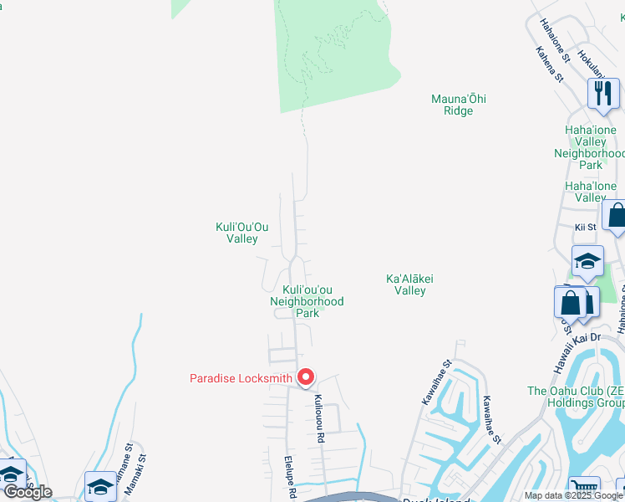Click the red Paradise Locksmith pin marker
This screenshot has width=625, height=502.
[306, 378]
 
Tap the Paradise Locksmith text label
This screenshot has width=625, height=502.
[241, 378]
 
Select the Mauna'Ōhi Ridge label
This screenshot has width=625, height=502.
[458, 105]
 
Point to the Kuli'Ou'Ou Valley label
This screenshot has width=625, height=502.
[242, 233]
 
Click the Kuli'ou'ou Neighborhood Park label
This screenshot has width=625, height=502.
[307, 301]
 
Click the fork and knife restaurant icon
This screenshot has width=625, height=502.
[603, 93]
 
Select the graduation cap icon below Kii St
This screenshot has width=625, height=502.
[587, 260]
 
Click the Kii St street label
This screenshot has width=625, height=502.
[585, 227]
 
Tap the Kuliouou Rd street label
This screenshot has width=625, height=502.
[318, 412]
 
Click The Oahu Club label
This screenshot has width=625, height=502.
[575, 396]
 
